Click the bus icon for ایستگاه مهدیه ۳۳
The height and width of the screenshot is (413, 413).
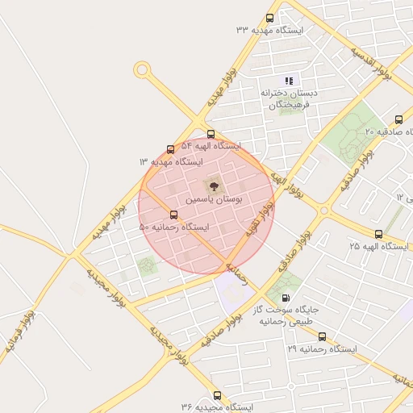point(269,19)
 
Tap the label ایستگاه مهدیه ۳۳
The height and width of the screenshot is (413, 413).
point(269,30)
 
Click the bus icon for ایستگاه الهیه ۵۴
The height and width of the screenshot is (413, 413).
point(211,134)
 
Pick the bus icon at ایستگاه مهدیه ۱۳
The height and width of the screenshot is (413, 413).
point(170,149)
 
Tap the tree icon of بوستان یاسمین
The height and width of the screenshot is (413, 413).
point(213,186)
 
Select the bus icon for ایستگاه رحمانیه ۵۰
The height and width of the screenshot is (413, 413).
point(173,215)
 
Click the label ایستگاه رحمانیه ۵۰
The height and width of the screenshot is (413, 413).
point(173,227)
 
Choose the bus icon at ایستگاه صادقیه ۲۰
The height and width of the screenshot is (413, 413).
point(399,119)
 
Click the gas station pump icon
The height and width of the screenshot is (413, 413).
point(286,298)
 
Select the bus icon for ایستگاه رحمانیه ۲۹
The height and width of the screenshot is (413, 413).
point(323,337)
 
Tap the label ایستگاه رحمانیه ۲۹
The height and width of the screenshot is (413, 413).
point(322,349)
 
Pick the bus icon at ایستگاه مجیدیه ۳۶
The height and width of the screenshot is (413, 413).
point(217,395)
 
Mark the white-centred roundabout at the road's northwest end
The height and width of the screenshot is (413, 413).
point(142,70)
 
